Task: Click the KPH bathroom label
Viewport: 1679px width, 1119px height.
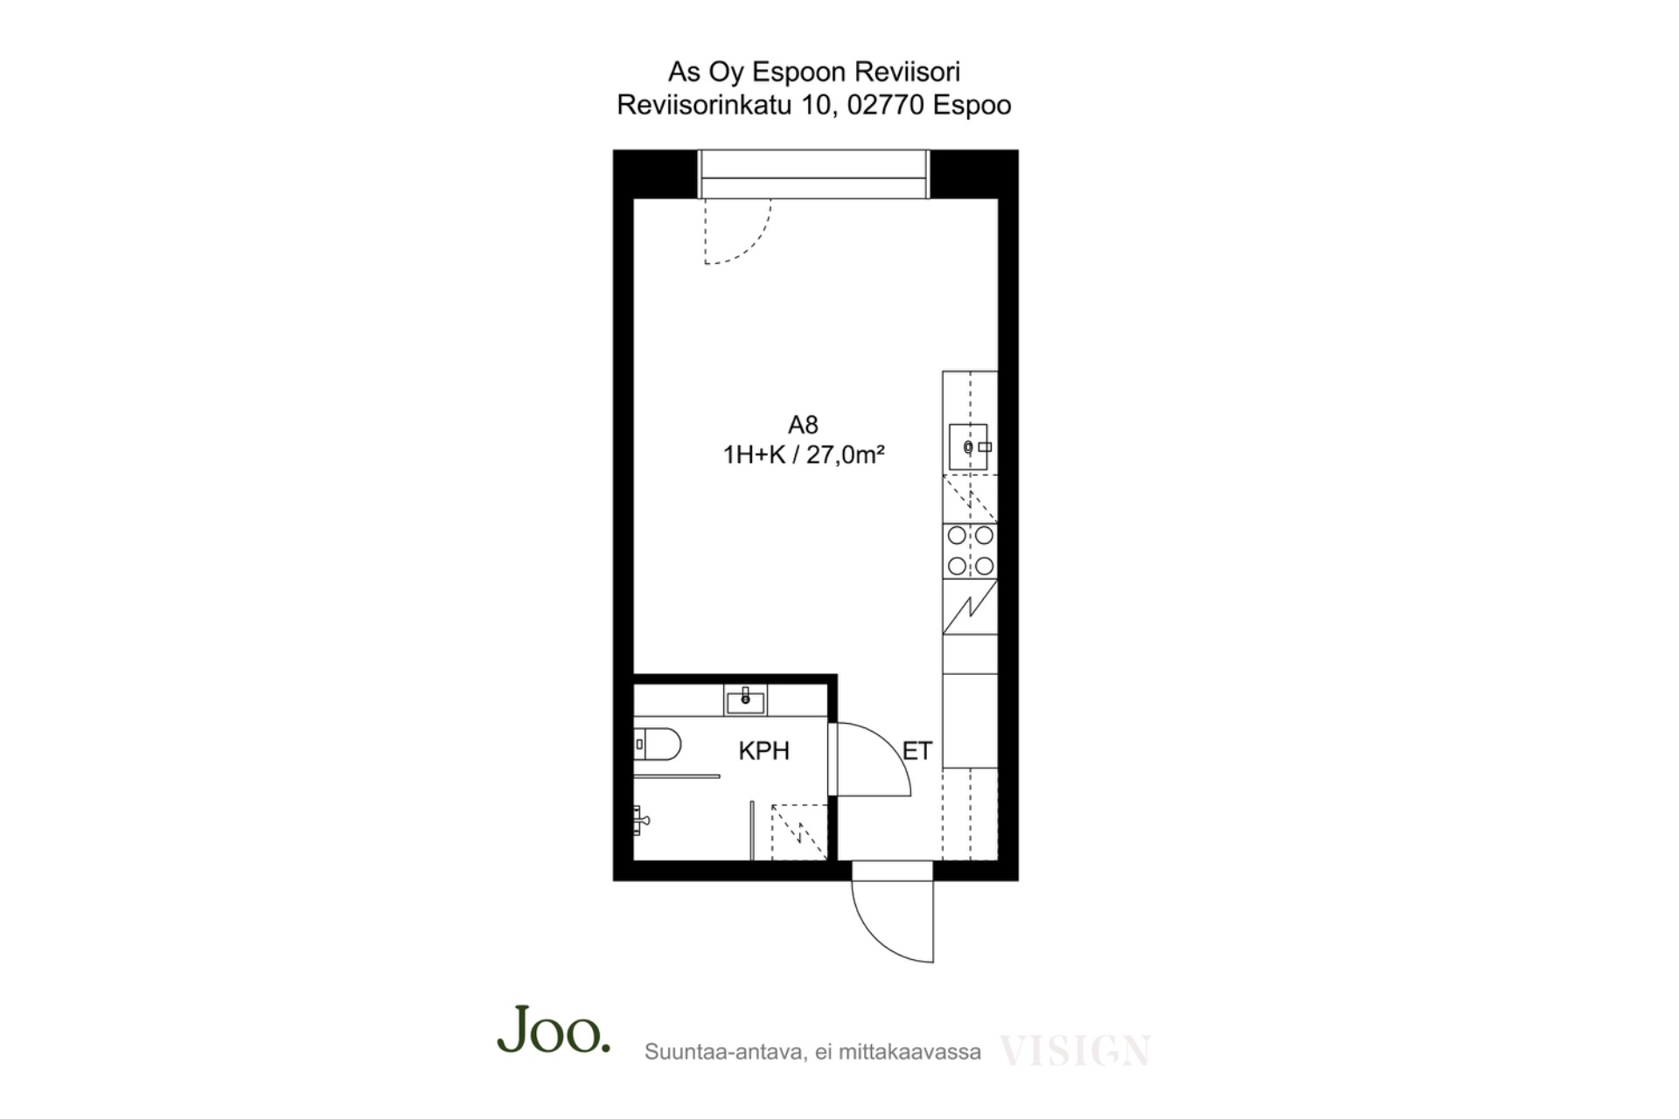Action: (763, 751)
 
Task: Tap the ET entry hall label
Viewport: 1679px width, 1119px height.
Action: (916, 751)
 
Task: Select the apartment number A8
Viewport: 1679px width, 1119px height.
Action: (803, 425)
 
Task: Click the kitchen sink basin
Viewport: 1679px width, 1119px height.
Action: (969, 447)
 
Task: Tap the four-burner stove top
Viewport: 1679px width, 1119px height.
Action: (971, 551)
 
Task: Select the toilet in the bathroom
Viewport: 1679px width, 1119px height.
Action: (657, 745)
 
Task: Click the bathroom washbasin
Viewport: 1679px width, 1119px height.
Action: (746, 699)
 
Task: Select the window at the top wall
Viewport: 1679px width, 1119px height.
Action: (813, 175)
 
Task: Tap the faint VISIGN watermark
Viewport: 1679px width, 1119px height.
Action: (1075, 1051)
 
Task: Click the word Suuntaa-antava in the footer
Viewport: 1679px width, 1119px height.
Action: (724, 1052)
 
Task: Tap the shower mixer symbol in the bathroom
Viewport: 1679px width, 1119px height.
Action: (641, 819)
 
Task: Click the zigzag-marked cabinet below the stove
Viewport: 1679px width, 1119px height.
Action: (971, 606)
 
